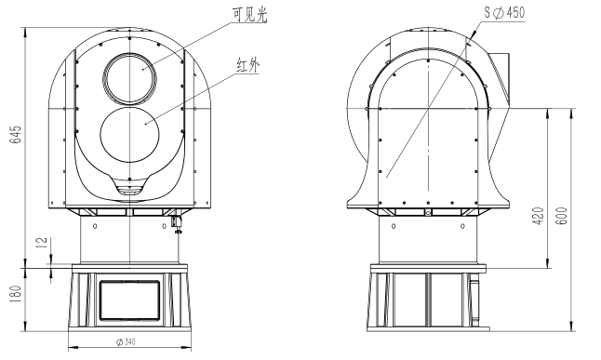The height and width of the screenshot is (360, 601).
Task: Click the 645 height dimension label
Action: coord(16,135)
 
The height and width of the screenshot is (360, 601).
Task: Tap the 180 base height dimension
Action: coord(16,295)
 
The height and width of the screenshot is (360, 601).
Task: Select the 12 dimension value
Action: coord(43,243)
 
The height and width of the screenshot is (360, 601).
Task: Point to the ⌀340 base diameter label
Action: coord(127,341)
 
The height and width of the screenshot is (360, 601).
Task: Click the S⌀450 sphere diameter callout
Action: coord(504,13)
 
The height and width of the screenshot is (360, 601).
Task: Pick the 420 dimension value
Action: coord(539,216)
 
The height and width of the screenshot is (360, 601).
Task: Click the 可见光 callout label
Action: coord(249,15)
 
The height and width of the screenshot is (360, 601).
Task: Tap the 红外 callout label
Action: coord(248,65)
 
